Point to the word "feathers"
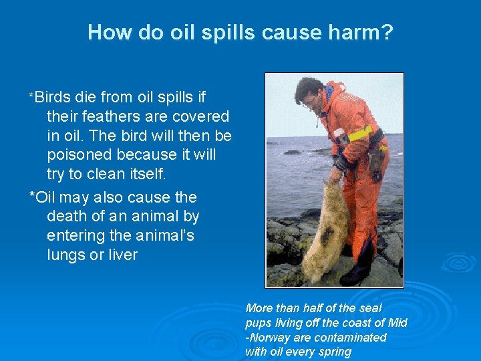tap(108, 117)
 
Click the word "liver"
tap(121, 255)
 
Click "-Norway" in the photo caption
tap(271, 338)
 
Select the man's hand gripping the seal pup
tap(335, 175)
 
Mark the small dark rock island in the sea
tap(292, 152)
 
